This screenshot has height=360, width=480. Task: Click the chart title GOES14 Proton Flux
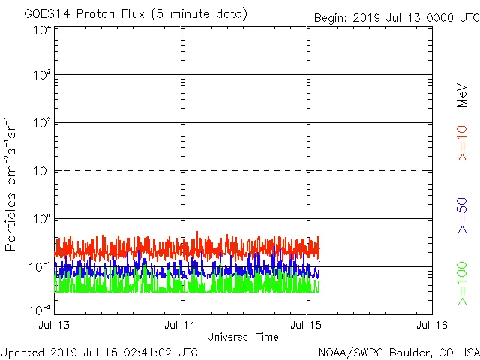coord(135,13)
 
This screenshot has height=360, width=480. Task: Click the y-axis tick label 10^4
coord(41,31)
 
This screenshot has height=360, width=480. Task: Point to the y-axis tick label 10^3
coord(41,76)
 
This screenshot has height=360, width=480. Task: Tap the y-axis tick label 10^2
coord(41,124)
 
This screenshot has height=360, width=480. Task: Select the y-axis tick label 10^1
coord(41,172)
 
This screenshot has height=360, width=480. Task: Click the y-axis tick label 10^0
coord(41,220)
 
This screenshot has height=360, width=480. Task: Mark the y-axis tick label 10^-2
coord(41,310)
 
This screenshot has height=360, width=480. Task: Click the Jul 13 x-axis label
coord(55,325)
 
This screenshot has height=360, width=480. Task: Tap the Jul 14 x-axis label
coord(181,325)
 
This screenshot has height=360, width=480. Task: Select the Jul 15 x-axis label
coord(307,325)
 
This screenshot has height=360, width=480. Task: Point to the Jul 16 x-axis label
coord(431,325)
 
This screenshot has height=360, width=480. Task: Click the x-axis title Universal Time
coord(243,337)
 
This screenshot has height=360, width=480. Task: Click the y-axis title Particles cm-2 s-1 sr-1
coord(11,184)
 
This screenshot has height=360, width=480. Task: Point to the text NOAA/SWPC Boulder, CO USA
coord(398,352)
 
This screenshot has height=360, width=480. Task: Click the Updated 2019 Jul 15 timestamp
coord(100,352)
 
